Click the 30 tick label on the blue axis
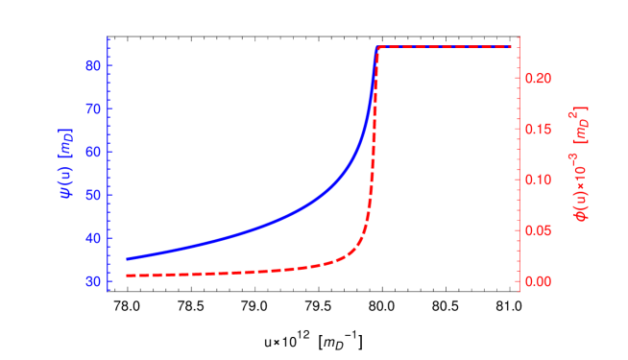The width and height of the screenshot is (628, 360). [x=93, y=281]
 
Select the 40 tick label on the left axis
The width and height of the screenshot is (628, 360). [x=93, y=238]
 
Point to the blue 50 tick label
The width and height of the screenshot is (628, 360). [x=93, y=195]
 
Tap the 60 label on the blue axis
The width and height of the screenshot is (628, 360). [x=93, y=152]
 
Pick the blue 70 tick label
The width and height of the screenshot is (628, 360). [x=93, y=108]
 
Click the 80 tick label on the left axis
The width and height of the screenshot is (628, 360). [x=93, y=65]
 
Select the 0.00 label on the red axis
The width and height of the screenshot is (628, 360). [x=540, y=281]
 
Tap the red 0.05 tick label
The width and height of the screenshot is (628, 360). [x=540, y=230]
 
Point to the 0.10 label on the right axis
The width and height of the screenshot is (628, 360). [x=540, y=180]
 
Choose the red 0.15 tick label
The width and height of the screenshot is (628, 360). [x=540, y=129]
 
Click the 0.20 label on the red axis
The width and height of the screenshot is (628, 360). [x=540, y=78]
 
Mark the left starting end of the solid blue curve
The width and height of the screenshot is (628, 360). [x=127, y=259]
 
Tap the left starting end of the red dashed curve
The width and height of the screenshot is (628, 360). [x=127, y=276]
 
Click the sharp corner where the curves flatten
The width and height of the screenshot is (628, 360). [x=377, y=47]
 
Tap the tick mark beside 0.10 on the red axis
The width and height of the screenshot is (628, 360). [x=522, y=180]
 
